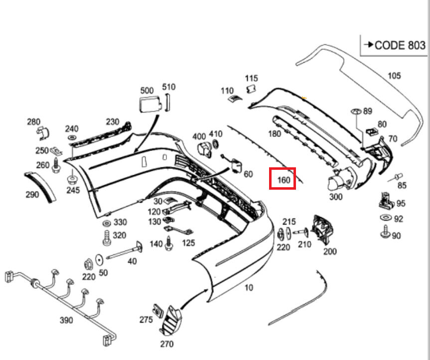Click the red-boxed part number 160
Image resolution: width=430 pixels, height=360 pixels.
tap(283, 179)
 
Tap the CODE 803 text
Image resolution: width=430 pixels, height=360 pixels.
tap(399, 45)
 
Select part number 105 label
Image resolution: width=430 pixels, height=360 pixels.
tap(394, 76)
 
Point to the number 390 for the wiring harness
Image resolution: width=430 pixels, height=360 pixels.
tap(66, 320)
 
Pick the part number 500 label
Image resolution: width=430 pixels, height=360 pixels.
tap(147, 90)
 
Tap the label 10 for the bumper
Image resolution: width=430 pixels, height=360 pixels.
tap(249, 288)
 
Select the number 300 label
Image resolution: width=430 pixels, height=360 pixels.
tap(336, 197)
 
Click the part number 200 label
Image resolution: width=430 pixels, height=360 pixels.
tap(330, 251)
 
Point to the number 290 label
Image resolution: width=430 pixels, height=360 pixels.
tap(32, 194)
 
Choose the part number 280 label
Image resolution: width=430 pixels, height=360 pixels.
tap(33, 122)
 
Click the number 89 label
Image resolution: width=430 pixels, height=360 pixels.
tap(368, 111)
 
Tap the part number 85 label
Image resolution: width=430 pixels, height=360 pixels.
tap(402, 185)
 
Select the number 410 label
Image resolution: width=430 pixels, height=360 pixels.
tap(216, 134)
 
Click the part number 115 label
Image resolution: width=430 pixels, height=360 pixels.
tap(252, 78)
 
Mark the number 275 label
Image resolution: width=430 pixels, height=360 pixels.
tap(146, 320)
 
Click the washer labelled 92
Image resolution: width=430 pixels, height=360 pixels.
tap(385, 219)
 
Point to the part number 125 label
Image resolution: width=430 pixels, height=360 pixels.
tap(188, 243)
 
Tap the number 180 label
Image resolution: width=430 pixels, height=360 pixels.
tap(275, 133)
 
